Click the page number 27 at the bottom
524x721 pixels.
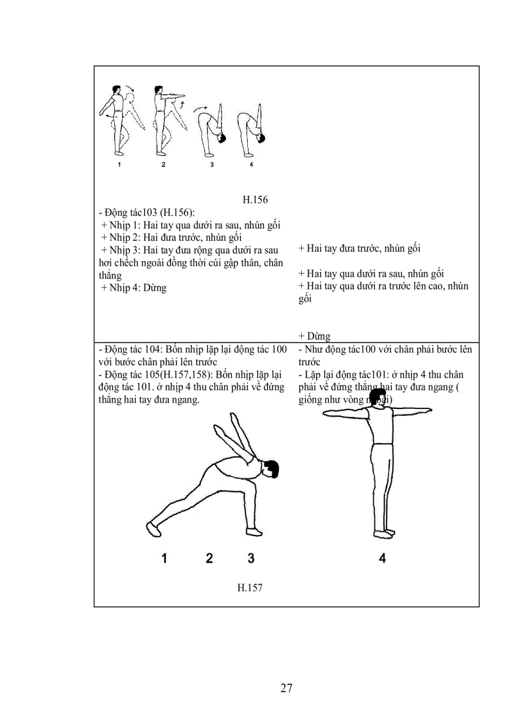286,688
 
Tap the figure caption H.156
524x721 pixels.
255,200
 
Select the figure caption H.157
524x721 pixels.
250,587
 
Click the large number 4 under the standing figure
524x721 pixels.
382,558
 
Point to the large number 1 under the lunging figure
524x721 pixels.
164,558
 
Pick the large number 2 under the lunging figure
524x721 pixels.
209,558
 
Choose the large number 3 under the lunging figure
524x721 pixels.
251,558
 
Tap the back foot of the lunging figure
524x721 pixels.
153,528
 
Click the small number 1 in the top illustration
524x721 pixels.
119,165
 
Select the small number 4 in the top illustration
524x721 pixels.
251,165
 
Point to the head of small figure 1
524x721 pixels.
116,89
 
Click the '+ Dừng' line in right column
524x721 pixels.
314,336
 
